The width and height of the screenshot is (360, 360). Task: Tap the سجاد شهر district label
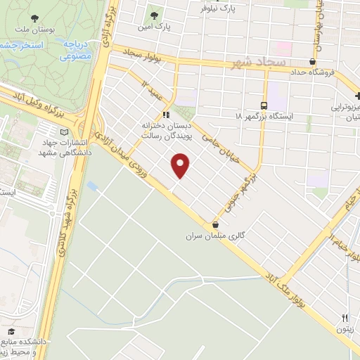click(257, 64)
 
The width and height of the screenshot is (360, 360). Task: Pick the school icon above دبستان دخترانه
click(166, 114)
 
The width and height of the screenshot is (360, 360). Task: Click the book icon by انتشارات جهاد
click(65, 131)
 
